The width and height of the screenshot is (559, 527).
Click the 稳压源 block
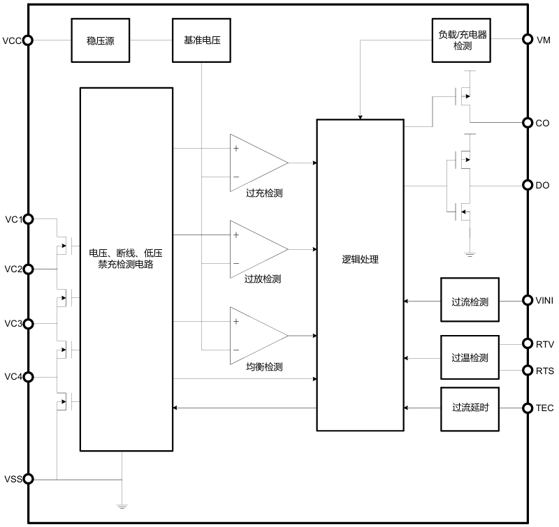[101, 40]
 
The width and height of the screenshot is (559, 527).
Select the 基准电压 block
[201, 40]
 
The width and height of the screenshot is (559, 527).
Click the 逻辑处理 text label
[360, 260]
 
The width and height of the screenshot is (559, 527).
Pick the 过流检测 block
[470, 302]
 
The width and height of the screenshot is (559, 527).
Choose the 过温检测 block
[470, 357]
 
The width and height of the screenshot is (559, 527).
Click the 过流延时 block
[470, 408]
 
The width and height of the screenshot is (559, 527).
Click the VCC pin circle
[28, 40]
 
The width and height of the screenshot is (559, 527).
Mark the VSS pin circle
[28, 480]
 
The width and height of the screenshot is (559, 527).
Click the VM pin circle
[528, 40]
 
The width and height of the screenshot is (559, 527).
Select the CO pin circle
[528, 123]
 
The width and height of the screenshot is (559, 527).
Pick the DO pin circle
[528, 186]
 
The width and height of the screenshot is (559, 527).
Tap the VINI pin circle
[528, 301]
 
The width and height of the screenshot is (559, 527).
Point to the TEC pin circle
[528, 408]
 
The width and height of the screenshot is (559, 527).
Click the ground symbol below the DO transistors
[470, 253]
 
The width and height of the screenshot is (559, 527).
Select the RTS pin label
[545, 371]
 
